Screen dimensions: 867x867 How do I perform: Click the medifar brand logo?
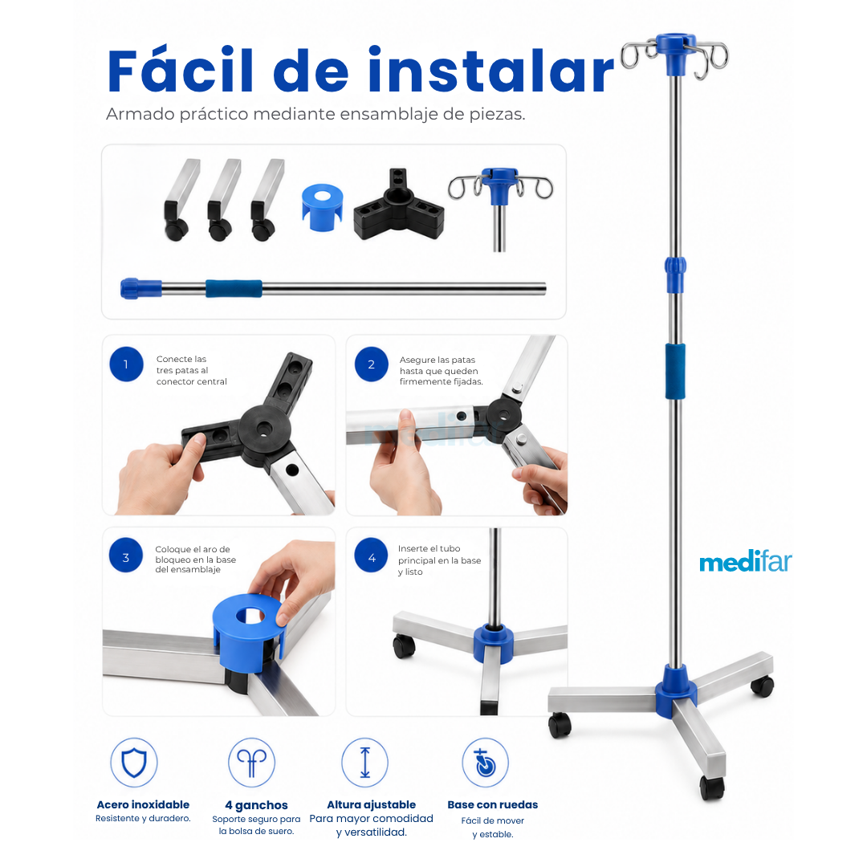tap(745, 561)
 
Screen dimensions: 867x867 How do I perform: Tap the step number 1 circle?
tap(126, 364)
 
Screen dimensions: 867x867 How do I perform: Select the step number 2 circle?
tap(371, 364)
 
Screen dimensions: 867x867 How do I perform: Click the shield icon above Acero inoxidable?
tap(134, 763)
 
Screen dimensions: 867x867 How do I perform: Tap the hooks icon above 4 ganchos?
tap(251, 763)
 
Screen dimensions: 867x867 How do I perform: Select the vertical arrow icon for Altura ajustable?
tap(365, 763)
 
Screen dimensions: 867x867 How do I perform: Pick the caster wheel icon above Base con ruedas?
tap(485, 763)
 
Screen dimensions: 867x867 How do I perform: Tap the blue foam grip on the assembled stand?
tap(675, 371)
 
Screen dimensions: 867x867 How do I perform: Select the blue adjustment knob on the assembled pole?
tap(675, 275)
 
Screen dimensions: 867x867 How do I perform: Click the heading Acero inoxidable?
tap(143, 804)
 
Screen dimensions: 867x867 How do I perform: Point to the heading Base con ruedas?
tap(493, 804)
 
